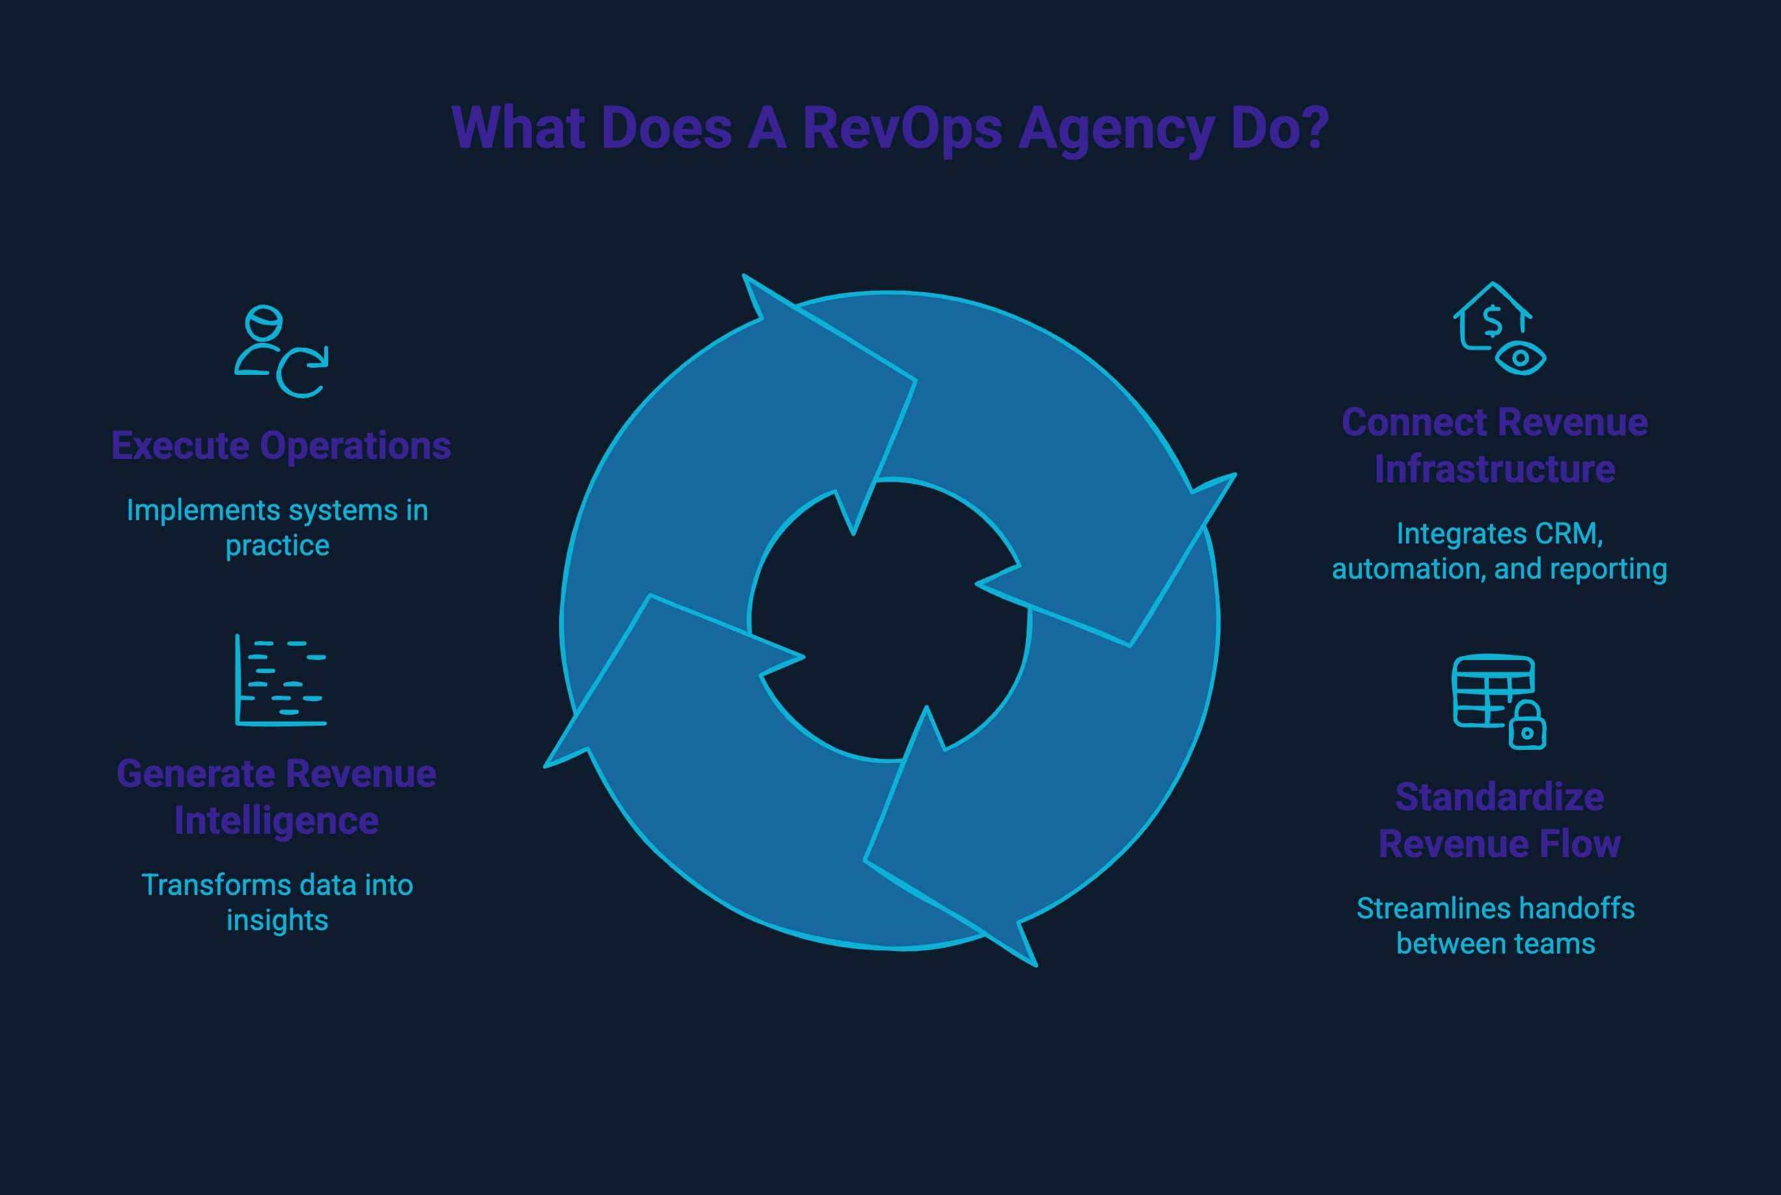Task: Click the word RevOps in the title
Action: point(902,128)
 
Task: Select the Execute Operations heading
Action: point(281,446)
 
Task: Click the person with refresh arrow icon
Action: point(281,351)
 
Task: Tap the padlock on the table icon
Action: point(1526,726)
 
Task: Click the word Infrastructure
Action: point(1495,469)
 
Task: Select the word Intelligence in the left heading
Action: point(276,821)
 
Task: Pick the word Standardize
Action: point(1499,797)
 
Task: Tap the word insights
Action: point(277,920)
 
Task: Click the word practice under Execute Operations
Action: point(277,545)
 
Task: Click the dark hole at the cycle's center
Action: point(889,620)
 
